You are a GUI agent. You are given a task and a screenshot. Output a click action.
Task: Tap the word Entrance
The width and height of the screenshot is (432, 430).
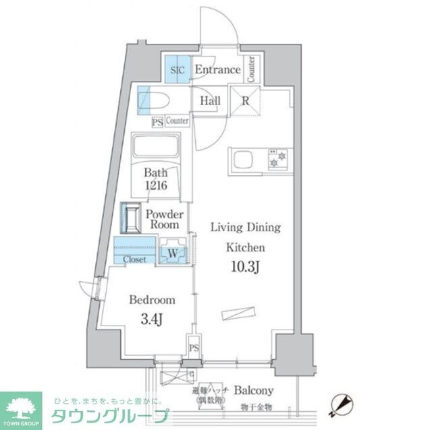(x=217, y=69)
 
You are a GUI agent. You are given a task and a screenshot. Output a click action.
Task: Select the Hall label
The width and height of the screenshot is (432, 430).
(x=210, y=101)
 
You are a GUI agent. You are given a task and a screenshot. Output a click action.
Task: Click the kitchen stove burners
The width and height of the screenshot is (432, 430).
(x=277, y=158)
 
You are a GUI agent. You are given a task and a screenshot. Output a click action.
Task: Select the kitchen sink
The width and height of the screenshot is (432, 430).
(x=242, y=161)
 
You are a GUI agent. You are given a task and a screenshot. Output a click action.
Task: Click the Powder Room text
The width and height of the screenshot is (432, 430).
(x=164, y=220)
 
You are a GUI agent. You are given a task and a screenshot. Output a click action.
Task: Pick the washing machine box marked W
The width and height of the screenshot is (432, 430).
(x=173, y=252)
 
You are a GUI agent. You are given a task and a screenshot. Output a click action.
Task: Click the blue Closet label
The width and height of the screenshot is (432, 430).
(x=134, y=259)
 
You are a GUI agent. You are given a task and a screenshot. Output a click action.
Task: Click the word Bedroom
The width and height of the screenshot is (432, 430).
(x=153, y=300)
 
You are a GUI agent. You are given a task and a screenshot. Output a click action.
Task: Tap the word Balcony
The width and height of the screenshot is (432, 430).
(x=253, y=390)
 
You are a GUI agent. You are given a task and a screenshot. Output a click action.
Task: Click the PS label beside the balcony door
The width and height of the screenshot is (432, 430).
(x=194, y=348)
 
